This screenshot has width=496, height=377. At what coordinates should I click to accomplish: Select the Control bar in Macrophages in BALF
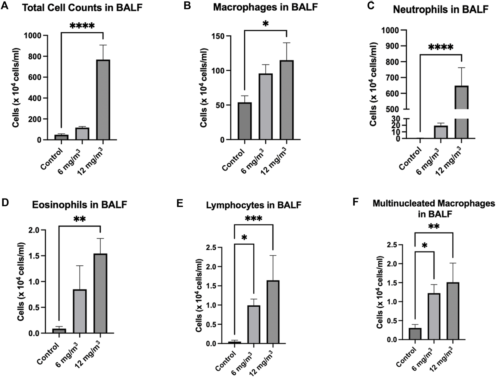pyautogui.click(x=245, y=121)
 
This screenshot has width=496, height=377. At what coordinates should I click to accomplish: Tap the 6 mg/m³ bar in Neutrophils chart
pyautogui.click(x=441, y=132)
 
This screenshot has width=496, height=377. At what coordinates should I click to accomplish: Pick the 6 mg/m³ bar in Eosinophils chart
pyautogui.click(x=80, y=311)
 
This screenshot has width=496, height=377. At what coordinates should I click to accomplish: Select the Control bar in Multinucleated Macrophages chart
pyautogui.click(x=415, y=334)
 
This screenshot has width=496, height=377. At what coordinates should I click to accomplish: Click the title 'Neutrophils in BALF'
pyautogui.click(x=441, y=10)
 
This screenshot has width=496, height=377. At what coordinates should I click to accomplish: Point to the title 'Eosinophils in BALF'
pyautogui.click(x=79, y=205)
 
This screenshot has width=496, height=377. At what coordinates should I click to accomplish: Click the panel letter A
pyautogui.click(x=5, y=6)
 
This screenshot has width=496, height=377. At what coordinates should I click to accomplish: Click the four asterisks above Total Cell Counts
pyautogui.click(x=82, y=26)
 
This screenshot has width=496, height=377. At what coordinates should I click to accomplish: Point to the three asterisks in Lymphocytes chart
pyautogui.click(x=253, y=218)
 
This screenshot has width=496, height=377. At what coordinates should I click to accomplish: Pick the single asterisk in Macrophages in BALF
pyautogui.click(x=265, y=24)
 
